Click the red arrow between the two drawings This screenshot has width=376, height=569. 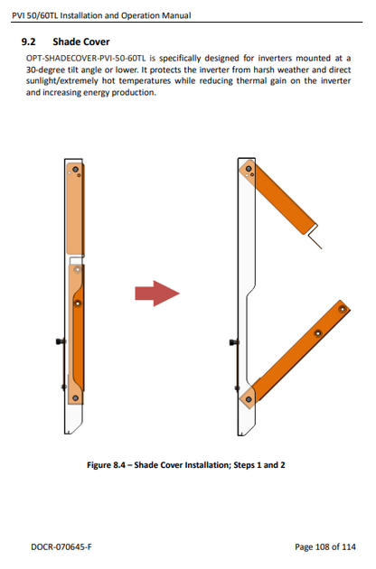(157, 294)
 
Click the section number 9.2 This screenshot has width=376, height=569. (28, 42)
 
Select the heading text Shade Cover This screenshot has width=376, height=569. (81, 42)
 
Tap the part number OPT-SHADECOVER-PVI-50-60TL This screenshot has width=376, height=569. (86, 58)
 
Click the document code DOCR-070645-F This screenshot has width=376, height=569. (61, 546)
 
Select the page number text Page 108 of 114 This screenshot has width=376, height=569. (325, 546)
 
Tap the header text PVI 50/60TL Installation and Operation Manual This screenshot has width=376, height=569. (101, 15)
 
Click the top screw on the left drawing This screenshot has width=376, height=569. (75, 170)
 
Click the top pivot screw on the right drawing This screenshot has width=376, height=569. (249, 169)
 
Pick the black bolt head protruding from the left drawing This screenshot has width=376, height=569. (60, 341)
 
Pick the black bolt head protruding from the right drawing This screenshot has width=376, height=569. (233, 341)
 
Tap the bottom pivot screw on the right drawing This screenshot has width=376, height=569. (249, 399)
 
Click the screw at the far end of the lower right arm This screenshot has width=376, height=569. (343, 310)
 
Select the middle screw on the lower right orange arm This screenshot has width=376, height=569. (318, 333)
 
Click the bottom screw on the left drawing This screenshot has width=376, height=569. (76, 398)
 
